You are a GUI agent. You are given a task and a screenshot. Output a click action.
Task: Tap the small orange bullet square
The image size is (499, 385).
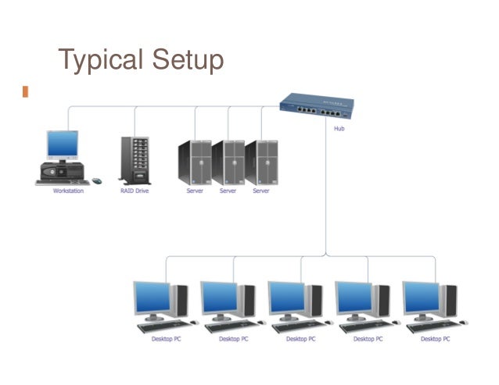point(25,91)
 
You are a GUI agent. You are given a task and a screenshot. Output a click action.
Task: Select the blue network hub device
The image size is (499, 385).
point(317,105)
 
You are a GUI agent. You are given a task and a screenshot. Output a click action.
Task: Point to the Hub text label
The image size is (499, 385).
point(339,129)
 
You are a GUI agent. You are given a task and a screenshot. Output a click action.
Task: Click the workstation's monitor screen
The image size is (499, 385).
point(63,144)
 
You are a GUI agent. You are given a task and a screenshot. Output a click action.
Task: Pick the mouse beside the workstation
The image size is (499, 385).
point(97,180)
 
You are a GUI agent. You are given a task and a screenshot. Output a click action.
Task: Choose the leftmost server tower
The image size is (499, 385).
point(194,162)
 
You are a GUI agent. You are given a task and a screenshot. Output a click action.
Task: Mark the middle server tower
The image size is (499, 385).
point(228,162)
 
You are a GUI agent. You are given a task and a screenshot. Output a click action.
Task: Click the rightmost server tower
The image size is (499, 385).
point(261,162)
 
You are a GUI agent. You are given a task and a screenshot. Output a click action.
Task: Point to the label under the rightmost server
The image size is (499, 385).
point(261,191)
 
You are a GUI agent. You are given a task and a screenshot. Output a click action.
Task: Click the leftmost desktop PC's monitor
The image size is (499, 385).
point(152,298)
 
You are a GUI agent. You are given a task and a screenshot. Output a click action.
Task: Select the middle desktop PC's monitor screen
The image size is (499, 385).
point(286,298)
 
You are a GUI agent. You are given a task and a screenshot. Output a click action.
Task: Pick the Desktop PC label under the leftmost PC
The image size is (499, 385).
point(166,339)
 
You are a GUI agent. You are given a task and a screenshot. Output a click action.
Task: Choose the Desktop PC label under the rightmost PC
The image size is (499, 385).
point(435,339)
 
